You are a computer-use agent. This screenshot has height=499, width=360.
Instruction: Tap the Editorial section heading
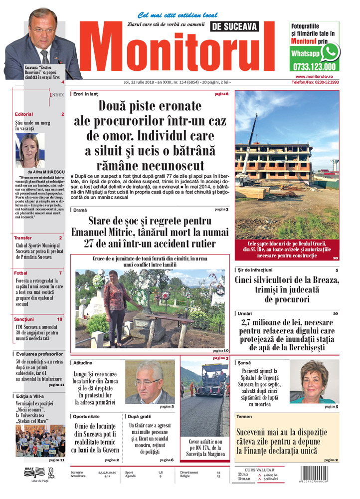pyautogui.click(x=24, y=114)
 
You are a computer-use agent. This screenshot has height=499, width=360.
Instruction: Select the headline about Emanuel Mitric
pyautogui.click(x=150, y=232)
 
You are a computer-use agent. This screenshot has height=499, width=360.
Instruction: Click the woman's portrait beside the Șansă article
pyautogui.click(x=314, y=382)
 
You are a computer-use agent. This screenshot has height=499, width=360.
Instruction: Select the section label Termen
pyautogui.click(x=244, y=416)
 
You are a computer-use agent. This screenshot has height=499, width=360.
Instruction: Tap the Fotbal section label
pyautogui.click(x=21, y=273)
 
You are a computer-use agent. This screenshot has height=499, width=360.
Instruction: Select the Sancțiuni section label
pyautogui.click(x=24, y=318)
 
